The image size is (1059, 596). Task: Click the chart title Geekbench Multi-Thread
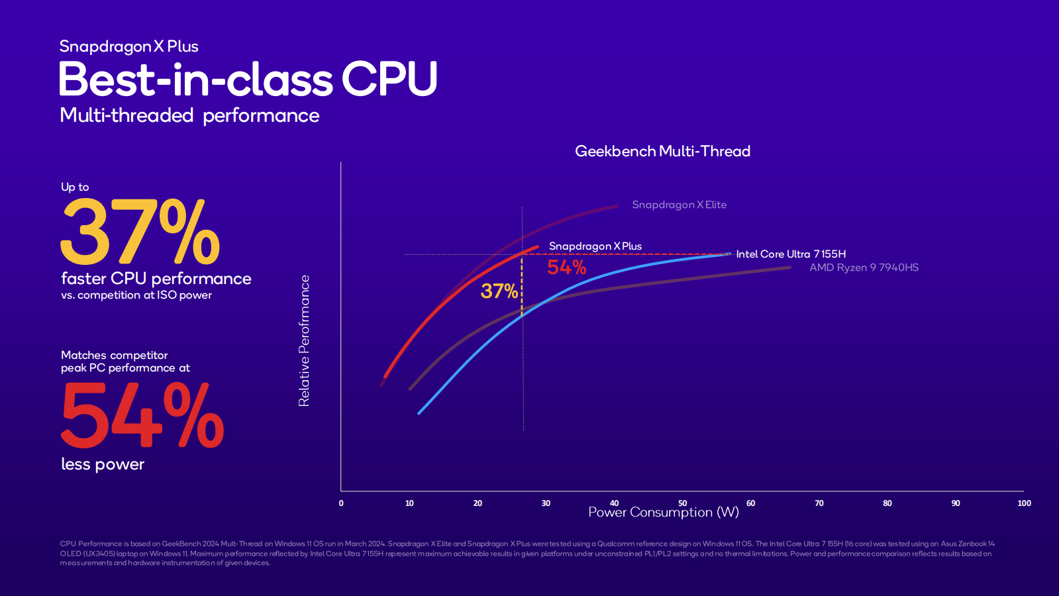(x=662, y=151)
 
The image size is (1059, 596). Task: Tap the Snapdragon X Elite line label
(x=679, y=205)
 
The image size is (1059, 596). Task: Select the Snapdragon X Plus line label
(x=595, y=246)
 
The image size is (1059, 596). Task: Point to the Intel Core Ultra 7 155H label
(x=791, y=254)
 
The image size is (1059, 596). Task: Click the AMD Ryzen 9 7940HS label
(x=864, y=268)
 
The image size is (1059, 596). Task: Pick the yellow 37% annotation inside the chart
(x=499, y=291)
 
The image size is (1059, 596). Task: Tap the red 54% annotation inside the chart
(x=566, y=268)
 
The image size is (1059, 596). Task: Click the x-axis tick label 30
(x=546, y=503)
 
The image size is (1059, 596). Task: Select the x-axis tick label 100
(x=1024, y=503)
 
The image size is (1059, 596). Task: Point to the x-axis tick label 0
(x=341, y=503)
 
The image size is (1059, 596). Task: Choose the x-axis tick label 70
(x=819, y=503)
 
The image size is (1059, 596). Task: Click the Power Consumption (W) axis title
(x=663, y=513)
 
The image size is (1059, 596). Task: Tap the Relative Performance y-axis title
(x=304, y=340)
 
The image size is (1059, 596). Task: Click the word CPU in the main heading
(x=389, y=79)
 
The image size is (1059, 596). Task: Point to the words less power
(x=103, y=464)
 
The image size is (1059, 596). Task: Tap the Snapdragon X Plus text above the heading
(x=128, y=46)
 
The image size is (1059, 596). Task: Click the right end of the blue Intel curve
(x=729, y=254)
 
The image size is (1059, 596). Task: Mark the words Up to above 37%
(x=75, y=187)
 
